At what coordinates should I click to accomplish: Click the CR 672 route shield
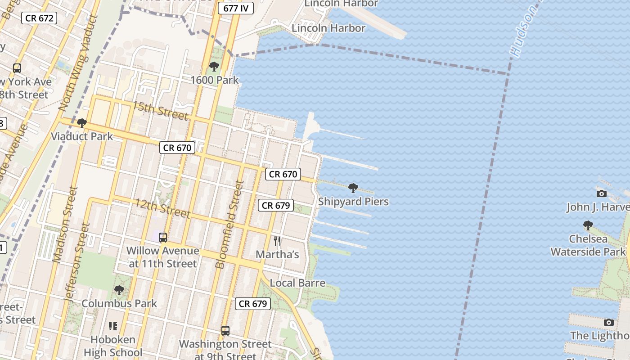click(39, 18)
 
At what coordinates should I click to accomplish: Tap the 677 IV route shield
click(235, 8)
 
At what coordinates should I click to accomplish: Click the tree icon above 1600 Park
click(214, 67)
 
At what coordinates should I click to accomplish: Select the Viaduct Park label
click(82, 136)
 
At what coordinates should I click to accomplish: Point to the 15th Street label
click(160, 110)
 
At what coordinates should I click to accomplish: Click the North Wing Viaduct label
click(79, 63)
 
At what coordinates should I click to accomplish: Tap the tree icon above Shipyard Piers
click(353, 188)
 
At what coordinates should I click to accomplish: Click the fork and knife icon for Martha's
click(277, 241)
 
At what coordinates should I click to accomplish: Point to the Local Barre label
click(297, 283)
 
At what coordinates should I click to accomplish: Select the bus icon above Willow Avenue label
click(163, 237)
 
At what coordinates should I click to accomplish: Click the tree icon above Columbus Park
click(119, 290)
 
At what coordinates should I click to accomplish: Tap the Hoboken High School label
click(113, 346)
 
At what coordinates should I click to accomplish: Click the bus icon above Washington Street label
click(225, 331)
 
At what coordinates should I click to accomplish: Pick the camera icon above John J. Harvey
click(601, 194)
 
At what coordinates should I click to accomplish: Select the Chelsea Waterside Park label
click(588, 245)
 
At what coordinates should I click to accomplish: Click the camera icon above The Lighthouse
click(609, 323)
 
